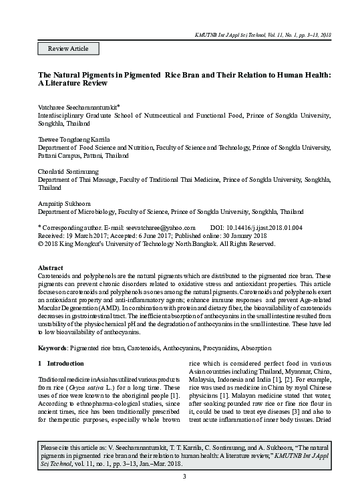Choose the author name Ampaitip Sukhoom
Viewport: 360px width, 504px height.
(66, 202)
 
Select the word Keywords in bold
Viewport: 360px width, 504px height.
(51, 349)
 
